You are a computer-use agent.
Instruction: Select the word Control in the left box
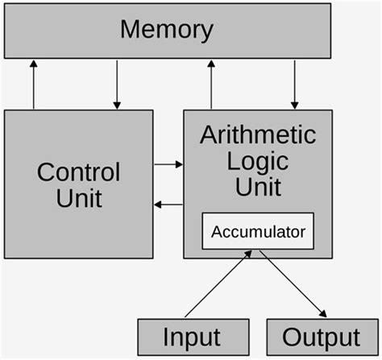(79, 172)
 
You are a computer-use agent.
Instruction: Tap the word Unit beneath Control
(79, 197)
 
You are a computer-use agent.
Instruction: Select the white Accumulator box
(258, 232)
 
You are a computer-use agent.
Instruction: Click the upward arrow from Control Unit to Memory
(34, 85)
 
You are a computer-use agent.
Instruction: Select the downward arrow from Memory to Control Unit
(118, 85)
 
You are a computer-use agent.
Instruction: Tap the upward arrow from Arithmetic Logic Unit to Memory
(211, 85)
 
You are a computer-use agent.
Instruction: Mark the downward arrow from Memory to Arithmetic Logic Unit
(295, 85)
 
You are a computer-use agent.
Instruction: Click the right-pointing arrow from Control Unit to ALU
(168, 164)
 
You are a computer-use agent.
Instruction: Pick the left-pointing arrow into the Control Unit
(168, 205)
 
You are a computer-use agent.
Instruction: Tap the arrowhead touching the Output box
(324, 315)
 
